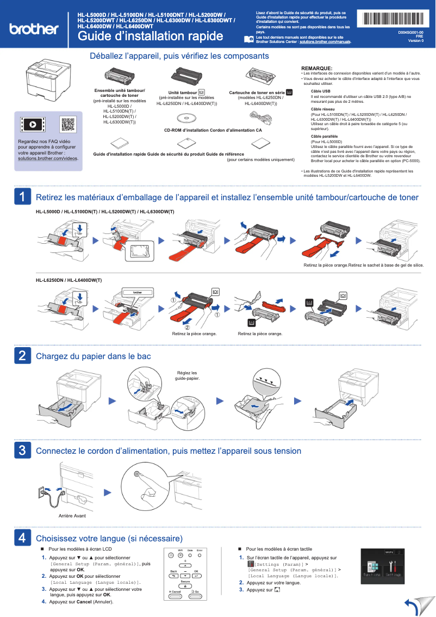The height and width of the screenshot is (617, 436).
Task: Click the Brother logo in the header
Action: click(34, 28)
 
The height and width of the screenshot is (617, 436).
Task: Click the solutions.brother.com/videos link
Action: click(48, 158)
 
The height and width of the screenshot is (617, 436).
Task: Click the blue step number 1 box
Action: click(22, 197)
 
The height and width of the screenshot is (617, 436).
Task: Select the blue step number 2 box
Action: click(22, 356)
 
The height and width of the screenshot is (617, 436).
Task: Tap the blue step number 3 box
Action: click(22, 451)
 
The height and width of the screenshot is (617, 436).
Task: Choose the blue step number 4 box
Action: click(22, 538)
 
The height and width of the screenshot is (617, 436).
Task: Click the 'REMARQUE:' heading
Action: click(316, 68)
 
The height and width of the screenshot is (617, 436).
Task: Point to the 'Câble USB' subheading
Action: click(320, 91)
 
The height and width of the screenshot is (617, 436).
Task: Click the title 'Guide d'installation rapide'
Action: click(150, 36)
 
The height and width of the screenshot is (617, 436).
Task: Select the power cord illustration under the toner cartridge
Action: click(261, 116)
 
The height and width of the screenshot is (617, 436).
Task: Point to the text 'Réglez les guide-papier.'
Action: click(187, 375)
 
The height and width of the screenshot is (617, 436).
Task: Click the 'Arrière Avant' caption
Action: click(72, 515)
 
